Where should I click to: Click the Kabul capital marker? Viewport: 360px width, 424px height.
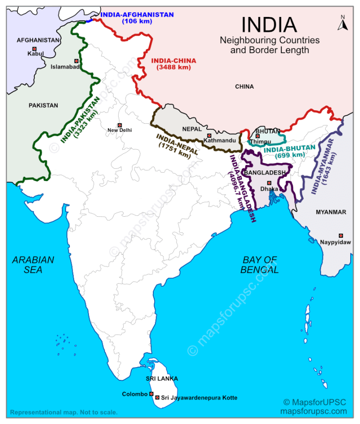pos(34,48)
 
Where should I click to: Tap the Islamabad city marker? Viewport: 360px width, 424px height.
pos(76,61)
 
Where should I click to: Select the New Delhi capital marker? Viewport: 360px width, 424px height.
pos(120,125)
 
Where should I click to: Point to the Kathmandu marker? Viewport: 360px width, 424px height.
pos(209,136)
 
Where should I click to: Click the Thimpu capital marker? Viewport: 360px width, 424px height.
pos(257,136)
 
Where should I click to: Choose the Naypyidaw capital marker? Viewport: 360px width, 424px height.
pos(341,235)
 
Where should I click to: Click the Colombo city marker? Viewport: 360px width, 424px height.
pos(151,394)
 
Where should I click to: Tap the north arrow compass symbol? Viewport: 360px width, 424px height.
pos(343,23)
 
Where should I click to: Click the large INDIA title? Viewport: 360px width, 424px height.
pos(269,25)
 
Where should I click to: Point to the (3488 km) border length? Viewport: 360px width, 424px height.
pos(173,68)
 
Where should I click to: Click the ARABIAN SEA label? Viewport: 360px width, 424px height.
pos(33,265)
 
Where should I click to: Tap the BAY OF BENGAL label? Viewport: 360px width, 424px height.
pos(260,265)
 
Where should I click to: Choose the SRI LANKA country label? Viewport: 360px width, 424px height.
pos(162,379)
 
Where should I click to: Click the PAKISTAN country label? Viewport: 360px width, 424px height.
pos(43,106)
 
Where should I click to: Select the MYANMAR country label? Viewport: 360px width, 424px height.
pos(331,212)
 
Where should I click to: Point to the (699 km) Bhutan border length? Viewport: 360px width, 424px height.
pos(291,155)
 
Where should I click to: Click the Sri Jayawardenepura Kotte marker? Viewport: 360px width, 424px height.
pos(157,397)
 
